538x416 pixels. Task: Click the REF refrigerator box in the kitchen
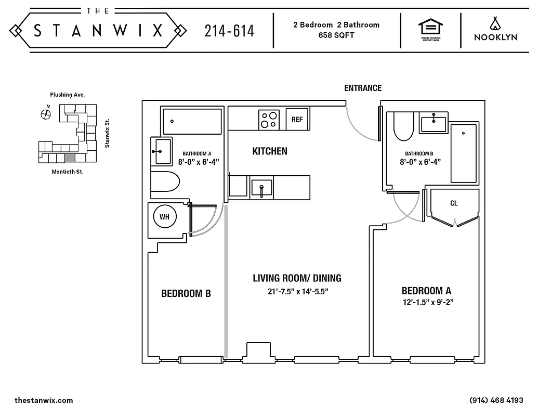297,120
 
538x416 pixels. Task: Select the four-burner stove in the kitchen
269,120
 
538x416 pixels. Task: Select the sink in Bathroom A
160,151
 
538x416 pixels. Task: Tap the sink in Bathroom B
433,124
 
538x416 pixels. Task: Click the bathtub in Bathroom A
192,121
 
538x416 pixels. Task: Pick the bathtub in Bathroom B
463,153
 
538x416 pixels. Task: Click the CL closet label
454,203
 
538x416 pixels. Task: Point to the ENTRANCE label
363,88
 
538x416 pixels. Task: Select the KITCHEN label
270,151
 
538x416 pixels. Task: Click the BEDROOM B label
186,294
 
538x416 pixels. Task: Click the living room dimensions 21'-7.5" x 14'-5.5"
298,292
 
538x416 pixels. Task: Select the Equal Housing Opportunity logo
430,30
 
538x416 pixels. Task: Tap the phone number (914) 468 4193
496,400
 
